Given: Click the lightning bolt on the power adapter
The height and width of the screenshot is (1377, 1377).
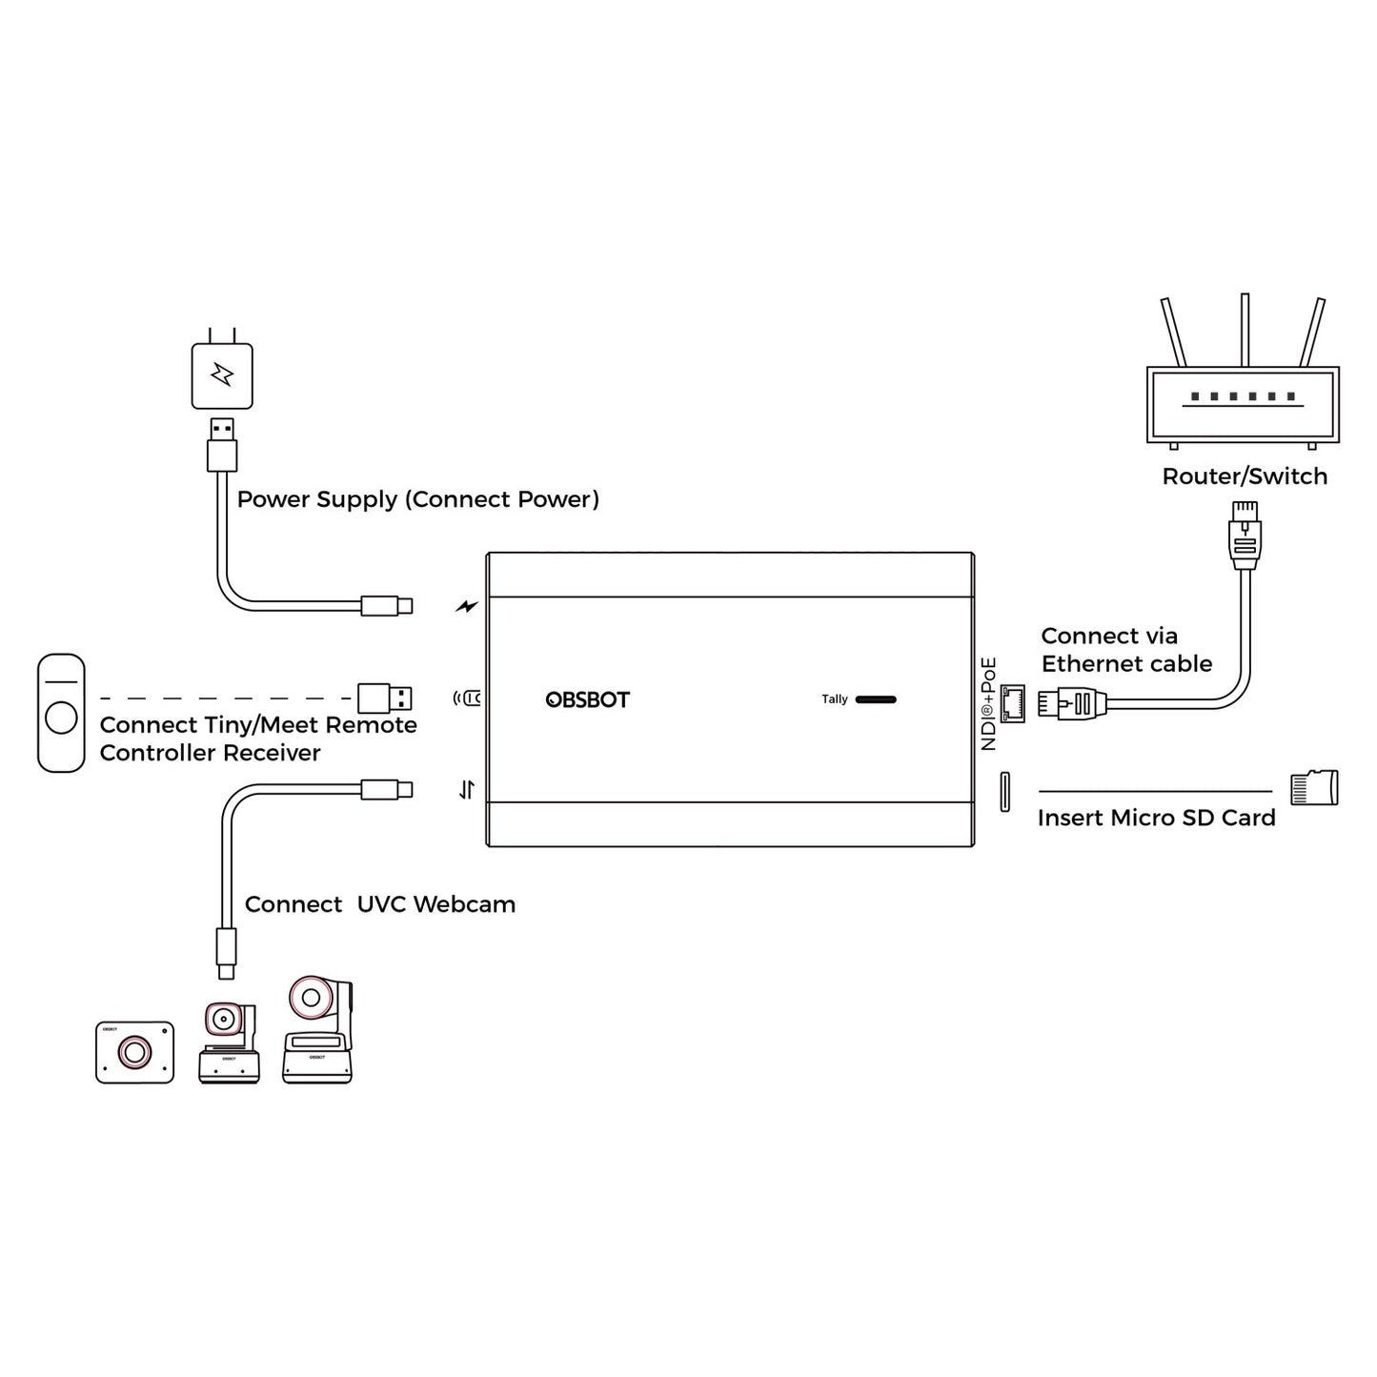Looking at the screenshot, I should tap(222, 375).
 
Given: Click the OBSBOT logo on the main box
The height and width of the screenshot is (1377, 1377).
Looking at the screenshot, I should tap(587, 699).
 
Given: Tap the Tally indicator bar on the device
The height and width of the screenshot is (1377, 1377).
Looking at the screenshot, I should tap(875, 699).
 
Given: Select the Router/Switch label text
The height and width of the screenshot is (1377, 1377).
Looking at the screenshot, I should tap(1244, 476).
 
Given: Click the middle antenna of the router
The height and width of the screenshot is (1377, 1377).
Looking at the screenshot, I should tap(1245, 330).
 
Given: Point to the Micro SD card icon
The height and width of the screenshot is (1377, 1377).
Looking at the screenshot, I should tap(1313, 788).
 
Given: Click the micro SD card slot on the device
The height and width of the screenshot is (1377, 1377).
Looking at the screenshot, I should tap(1004, 792).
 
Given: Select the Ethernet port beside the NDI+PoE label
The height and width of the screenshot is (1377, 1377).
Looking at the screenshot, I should tap(1012, 703).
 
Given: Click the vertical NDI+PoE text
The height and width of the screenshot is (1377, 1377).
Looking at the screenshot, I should tap(988, 703).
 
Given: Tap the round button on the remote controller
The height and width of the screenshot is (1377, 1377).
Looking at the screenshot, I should tap(61, 717).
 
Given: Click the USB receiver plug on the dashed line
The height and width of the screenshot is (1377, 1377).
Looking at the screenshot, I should tap(385, 698).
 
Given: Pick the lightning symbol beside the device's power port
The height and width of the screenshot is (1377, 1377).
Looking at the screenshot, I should tap(467, 605).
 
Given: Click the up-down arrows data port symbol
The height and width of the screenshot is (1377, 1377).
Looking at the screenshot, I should tap(466, 790).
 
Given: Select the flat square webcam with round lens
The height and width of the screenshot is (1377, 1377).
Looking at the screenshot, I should tap(134, 1052).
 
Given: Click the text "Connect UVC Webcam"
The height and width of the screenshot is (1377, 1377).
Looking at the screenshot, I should tap(379, 904).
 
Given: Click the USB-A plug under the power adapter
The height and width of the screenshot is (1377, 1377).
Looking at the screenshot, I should tap(221, 444).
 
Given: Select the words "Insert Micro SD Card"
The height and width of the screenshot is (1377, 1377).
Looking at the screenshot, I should tap(1155, 818).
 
